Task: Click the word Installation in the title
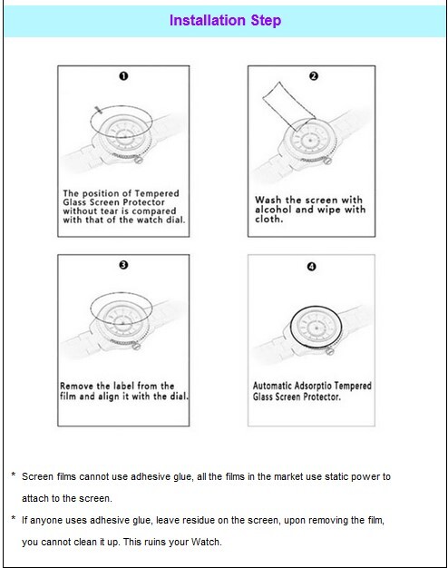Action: pos(207,20)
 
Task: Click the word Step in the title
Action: pos(266,21)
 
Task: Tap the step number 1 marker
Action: pos(123,76)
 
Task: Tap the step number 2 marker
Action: pos(314,76)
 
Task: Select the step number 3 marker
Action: pos(123,265)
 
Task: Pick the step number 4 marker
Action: pos(311,267)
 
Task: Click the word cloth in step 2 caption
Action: pos(268,219)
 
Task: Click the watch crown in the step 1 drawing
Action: pos(138,160)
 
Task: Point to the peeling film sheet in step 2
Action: pos(288,106)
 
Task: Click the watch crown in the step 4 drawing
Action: pos(329,350)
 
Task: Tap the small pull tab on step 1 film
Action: pos(98,110)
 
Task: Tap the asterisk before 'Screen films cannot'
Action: pos(14,475)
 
